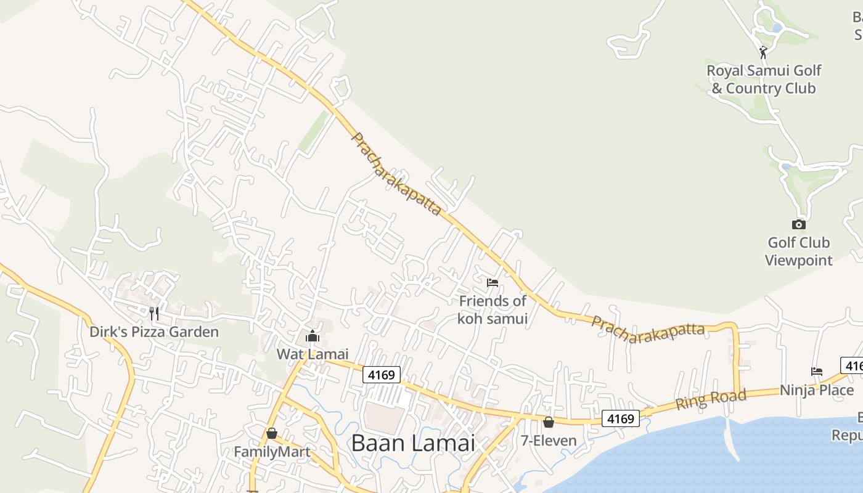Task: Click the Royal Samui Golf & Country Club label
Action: coord(763,79)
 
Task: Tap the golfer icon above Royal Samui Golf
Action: coord(763,52)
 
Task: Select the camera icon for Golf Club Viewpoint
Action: coord(798,224)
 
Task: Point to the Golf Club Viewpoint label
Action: coord(798,251)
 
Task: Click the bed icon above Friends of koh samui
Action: coord(492,283)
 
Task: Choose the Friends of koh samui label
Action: coord(492,309)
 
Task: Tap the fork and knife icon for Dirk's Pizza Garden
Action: coord(154,313)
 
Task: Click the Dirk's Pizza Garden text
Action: coord(154,332)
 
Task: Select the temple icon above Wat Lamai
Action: coord(312,336)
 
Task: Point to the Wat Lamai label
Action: coord(312,354)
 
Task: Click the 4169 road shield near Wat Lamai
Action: coord(381,374)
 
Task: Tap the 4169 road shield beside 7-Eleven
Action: coord(620,419)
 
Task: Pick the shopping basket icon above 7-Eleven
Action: coord(548,422)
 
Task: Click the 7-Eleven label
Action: coord(548,441)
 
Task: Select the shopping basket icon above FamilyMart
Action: coord(271,433)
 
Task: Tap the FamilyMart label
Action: coord(271,452)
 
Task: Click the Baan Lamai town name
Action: coord(413,443)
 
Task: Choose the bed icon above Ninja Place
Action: coord(817,371)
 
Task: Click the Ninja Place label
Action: coord(817,390)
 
